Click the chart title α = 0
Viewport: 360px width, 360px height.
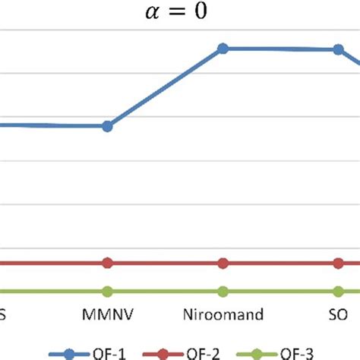pyautogui.click(x=179, y=14)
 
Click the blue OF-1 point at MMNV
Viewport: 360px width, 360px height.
pyautogui.click(x=107, y=126)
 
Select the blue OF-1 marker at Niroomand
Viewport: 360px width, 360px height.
pyautogui.click(x=223, y=49)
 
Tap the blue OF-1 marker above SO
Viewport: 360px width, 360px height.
pyautogui.click(x=337, y=50)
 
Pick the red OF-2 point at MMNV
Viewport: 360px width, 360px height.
pyautogui.click(x=107, y=263)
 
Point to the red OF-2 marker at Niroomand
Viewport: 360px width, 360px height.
pyautogui.click(x=223, y=263)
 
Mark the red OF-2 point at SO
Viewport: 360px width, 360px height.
pyautogui.click(x=337, y=263)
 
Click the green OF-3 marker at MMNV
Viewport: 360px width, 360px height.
pyautogui.click(x=107, y=291)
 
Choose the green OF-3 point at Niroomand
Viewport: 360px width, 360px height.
pyautogui.click(x=223, y=291)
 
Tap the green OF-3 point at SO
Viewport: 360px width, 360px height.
pyautogui.click(x=337, y=291)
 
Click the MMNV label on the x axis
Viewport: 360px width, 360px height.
pyautogui.click(x=107, y=314)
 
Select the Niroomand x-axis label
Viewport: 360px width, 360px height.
pyautogui.click(x=223, y=314)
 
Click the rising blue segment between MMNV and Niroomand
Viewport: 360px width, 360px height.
pyautogui.click(x=165, y=87)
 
